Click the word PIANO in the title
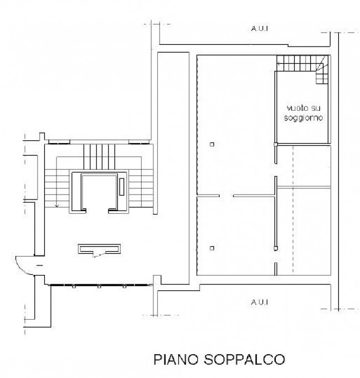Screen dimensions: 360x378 (x=177, y=360)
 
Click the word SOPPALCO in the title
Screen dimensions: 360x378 (x=245, y=360)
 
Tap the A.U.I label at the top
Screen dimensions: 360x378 (x=260, y=28)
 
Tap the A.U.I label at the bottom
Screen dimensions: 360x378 (x=260, y=302)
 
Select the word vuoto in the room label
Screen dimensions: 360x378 (x=296, y=108)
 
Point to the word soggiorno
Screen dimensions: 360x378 (x=303, y=118)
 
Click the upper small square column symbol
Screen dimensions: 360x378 (x=212, y=144)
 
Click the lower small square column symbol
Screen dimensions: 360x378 (x=212, y=248)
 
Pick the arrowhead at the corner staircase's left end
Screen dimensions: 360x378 (x=279, y=64)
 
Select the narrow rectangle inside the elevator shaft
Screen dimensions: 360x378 (x=122, y=187)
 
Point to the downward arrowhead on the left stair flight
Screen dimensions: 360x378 (x=56, y=206)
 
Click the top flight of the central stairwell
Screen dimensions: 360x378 (x=99, y=156)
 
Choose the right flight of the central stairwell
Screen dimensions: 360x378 (x=141, y=188)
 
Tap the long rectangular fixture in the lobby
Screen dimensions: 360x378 (x=99, y=249)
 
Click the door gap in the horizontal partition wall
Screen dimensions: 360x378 (x=227, y=196)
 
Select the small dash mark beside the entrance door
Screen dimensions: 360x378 (x=39, y=265)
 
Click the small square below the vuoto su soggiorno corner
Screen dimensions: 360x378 (x=276, y=145)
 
